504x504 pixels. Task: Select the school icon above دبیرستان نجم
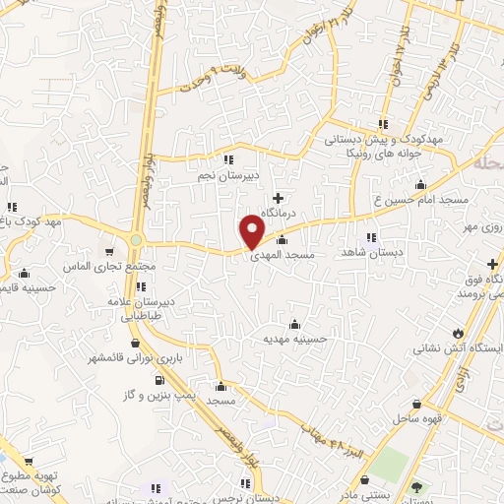227,158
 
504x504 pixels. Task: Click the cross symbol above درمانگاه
278,198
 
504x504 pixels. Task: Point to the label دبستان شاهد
368,253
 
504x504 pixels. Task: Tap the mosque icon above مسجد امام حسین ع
421,184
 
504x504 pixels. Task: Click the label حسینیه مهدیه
293,339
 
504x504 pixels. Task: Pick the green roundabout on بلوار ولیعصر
135,239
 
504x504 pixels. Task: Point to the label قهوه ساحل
417,419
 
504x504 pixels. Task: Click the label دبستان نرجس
275,499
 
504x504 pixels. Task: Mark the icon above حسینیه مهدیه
295,324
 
